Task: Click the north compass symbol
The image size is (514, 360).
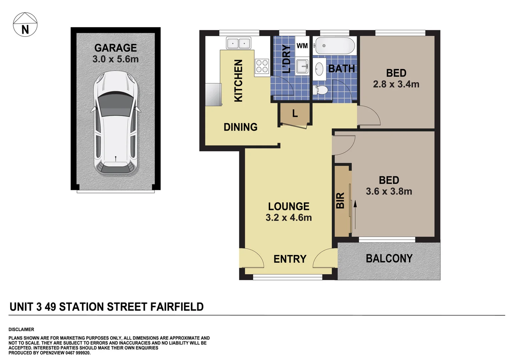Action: [25, 25]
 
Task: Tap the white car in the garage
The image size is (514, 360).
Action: [115, 123]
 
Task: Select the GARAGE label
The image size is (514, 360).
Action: [115, 48]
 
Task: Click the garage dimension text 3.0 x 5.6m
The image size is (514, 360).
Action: [115, 59]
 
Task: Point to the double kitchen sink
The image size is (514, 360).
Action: [238, 43]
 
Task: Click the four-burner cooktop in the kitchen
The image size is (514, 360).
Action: [262, 66]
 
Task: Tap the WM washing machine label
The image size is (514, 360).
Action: [302, 46]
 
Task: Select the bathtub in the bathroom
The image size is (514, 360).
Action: [335, 46]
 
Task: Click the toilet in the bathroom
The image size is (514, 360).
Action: [321, 90]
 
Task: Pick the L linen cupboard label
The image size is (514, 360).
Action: [295, 114]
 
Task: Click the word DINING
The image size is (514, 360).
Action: [240, 127]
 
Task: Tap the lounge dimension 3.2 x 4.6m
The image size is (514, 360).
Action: [289, 218]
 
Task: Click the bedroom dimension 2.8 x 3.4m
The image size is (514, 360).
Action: [396, 84]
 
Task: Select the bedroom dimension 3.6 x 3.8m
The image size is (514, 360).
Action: [389, 191]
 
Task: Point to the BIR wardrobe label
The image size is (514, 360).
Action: [340, 201]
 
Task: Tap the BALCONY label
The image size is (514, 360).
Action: [389, 259]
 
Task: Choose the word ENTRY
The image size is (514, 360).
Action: [290, 259]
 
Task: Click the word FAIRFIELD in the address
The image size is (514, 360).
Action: [177, 307]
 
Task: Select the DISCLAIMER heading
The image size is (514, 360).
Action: [21, 329]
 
